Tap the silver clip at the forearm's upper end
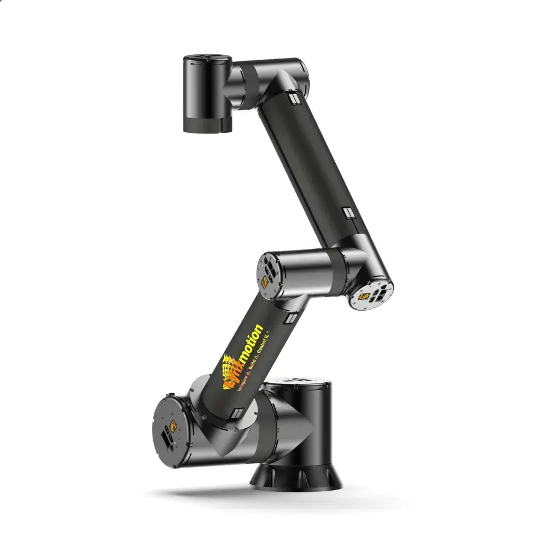[x=294, y=99]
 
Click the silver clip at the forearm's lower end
[x=347, y=213]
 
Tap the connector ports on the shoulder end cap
[x=166, y=438]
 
